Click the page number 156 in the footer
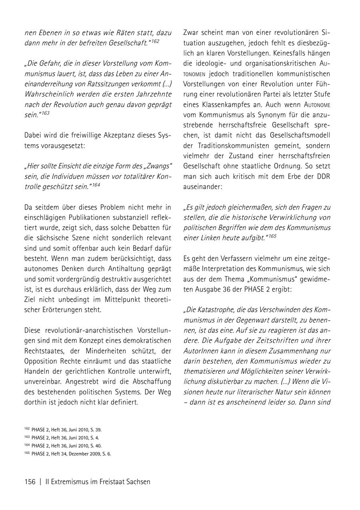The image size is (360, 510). [x=30, y=482]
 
